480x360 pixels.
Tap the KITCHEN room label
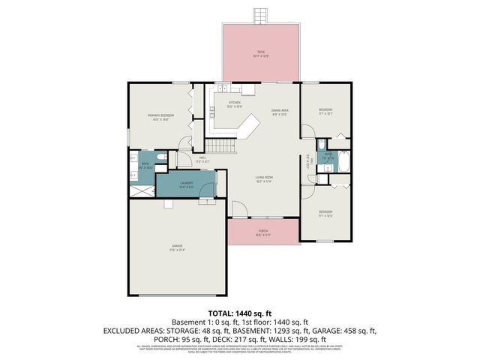(235, 104)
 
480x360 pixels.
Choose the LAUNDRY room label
(187, 184)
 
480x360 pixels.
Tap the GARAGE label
(177, 247)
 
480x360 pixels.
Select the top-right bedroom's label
(325, 111)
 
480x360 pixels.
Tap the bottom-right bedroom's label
(325, 213)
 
